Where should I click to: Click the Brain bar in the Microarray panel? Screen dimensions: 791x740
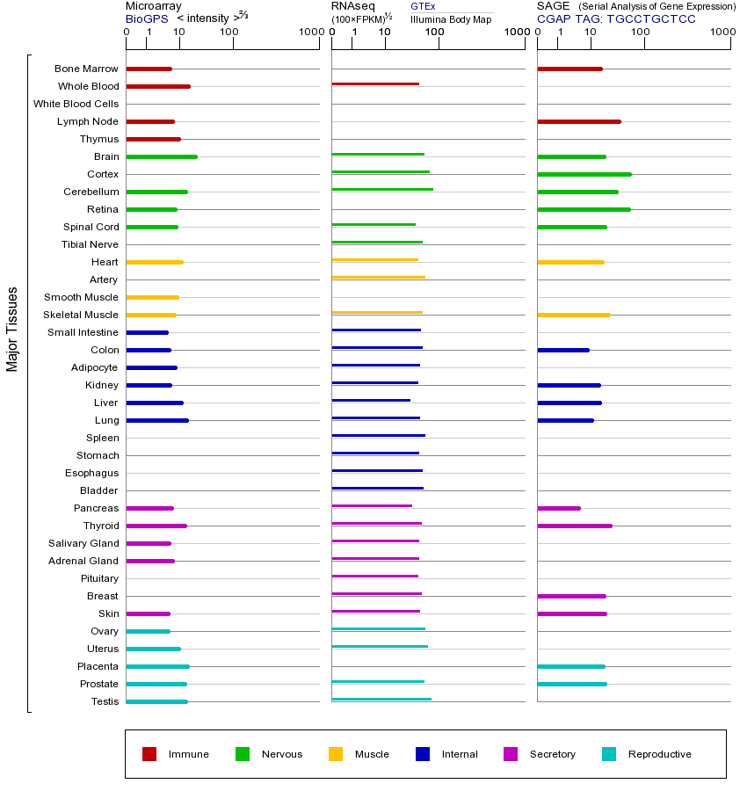tap(162, 156)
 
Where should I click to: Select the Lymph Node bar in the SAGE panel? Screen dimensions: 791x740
tap(578, 121)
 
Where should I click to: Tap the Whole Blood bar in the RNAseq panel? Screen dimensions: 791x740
tap(375, 84)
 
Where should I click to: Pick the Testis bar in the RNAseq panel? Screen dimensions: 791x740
tap(381, 700)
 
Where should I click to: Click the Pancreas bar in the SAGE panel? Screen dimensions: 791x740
tap(559, 508)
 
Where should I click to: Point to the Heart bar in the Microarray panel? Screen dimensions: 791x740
tap(155, 262)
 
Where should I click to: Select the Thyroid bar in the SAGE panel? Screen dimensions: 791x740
tap(574, 526)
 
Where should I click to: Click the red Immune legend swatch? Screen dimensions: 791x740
tap(149, 754)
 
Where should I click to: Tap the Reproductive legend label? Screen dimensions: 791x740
tap(659, 754)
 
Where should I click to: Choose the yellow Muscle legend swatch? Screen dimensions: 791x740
tap(336, 754)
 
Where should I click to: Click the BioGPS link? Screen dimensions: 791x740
tap(147, 18)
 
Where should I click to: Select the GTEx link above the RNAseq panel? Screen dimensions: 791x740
tap(423, 6)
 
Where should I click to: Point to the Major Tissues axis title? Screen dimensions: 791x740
tap(12, 329)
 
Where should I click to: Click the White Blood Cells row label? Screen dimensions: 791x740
tap(76, 104)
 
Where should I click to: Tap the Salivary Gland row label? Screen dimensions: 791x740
tap(83, 543)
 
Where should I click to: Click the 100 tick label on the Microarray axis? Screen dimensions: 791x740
tap(229, 33)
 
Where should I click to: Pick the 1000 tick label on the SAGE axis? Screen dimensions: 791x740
tap(722, 33)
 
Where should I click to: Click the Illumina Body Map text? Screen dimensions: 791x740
tap(451, 18)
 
